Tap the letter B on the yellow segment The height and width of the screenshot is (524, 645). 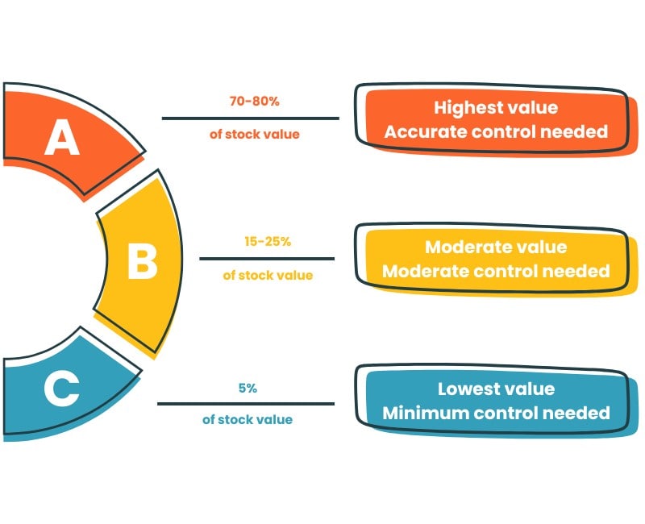pos(142,262)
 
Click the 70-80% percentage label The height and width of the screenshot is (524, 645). pos(254,102)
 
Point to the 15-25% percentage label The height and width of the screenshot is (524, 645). pos(267,241)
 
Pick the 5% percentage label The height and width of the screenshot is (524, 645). pos(248,388)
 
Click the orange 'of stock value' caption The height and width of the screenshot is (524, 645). pos(254,135)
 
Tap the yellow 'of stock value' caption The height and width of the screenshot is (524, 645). pos(268,275)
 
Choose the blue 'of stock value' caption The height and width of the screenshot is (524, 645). pos(248,419)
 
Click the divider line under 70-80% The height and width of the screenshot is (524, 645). pos(250,119)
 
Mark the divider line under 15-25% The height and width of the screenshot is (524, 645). pos(267,259)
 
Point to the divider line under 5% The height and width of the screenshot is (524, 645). pos(246,403)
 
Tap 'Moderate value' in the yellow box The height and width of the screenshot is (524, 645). pos(495,247)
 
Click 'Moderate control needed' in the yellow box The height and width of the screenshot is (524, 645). pos(495,271)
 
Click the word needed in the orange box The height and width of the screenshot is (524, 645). pos(576,131)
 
